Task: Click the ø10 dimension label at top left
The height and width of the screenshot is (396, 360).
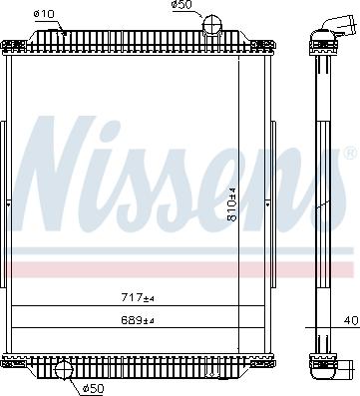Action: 42,13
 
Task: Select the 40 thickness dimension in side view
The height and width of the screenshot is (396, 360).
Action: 349,319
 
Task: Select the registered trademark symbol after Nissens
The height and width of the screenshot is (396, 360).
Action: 349,155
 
